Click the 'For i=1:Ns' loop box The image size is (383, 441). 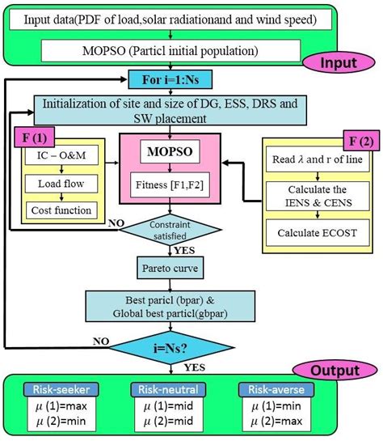click(x=169, y=81)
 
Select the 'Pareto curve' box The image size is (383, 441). click(x=169, y=266)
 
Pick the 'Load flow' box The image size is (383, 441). click(x=61, y=184)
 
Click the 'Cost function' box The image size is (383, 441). click(x=61, y=210)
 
